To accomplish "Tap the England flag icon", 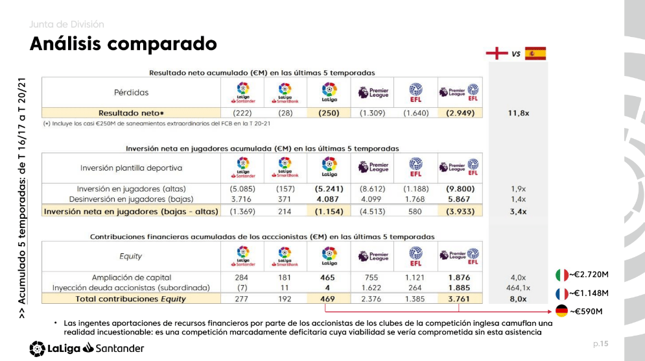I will tap(497, 53).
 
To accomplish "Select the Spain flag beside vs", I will tap(535, 53).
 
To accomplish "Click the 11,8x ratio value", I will tap(518, 112).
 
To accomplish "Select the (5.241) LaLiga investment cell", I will tap(329, 189).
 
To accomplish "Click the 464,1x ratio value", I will tap(518, 288).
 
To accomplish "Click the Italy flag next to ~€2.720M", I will tap(562, 275).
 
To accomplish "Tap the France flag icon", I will tap(562, 293).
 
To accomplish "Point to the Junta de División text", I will tap(66, 25).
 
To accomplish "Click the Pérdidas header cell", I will tap(131, 92).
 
